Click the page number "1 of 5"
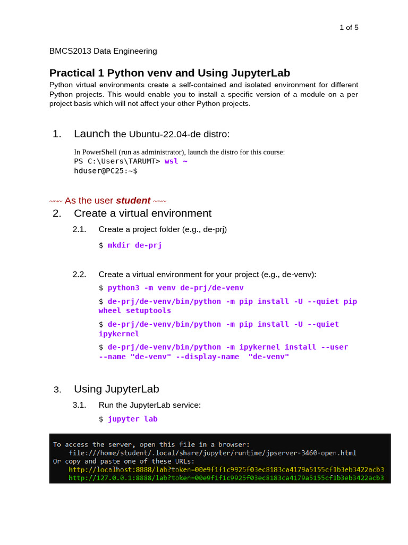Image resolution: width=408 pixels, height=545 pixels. pyautogui.click(x=348, y=28)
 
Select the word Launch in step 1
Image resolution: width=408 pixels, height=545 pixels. pyautogui.click(x=92, y=134)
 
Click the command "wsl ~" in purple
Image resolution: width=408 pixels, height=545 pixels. pyautogui.click(x=176, y=161)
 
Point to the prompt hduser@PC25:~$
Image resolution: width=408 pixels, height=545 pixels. pyautogui.click(x=106, y=171)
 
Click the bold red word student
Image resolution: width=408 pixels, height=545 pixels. pyautogui.click(x=133, y=201)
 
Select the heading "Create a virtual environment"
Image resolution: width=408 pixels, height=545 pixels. pyautogui.click(x=142, y=213)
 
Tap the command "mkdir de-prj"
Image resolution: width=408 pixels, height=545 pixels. pyautogui.click(x=134, y=245)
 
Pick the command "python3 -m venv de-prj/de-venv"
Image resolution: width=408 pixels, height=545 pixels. pyautogui.click(x=175, y=288)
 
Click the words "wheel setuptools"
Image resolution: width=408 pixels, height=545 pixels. pyautogui.click(x=135, y=311)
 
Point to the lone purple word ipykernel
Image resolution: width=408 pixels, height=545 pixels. pyautogui.click(x=119, y=334)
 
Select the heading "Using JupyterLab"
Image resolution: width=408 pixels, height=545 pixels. pyautogui.click(x=116, y=389)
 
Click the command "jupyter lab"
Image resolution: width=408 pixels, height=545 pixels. pyautogui.click(x=133, y=419)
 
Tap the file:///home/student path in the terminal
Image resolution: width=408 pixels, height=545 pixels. pyautogui.click(x=212, y=453)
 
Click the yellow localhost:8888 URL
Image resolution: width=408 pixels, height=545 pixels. pyautogui.click(x=226, y=470)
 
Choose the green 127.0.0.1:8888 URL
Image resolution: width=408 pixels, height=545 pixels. pyautogui.click(x=226, y=478)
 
